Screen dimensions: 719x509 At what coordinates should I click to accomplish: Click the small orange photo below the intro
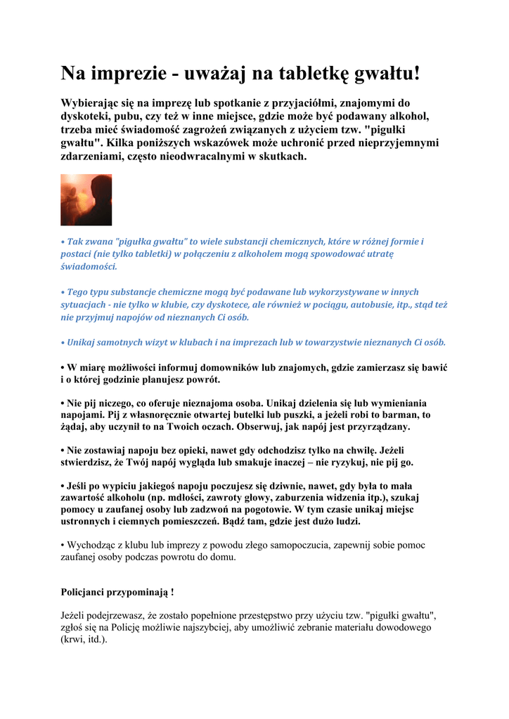pos(86,200)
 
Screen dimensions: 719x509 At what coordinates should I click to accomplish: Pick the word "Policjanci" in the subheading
pos(86,593)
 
